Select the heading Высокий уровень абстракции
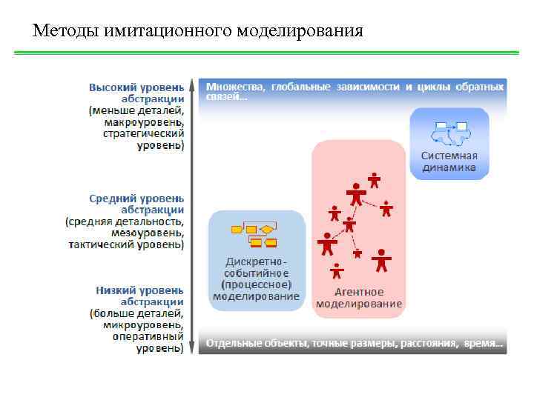point(137,93)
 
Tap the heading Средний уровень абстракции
point(137,204)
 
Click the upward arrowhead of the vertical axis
point(192,82)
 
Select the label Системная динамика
point(449,161)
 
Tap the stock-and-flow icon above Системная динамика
point(450,132)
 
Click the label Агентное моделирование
point(359,298)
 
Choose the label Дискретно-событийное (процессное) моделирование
point(257,279)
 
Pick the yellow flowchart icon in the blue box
point(255,235)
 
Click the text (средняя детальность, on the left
point(125,221)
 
